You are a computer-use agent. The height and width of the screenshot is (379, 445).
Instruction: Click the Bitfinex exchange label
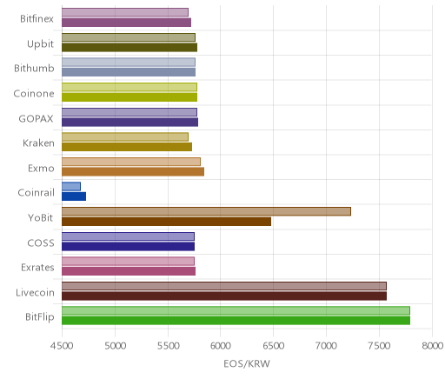click(x=37, y=19)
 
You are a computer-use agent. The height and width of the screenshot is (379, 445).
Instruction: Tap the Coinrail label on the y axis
click(x=36, y=193)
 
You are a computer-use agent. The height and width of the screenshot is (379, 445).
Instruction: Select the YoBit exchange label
click(x=41, y=217)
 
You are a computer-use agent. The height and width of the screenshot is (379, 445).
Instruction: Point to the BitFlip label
click(x=40, y=316)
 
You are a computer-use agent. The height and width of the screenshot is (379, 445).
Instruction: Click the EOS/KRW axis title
click(x=247, y=363)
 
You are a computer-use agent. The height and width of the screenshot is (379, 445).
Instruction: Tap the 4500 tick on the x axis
click(x=62, y=346)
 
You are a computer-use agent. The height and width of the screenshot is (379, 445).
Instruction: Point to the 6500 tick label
click(x=273, y=346)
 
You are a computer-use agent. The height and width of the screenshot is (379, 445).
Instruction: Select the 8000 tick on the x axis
click(x=432, y=346)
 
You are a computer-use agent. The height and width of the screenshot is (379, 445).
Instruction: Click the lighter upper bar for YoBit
click(x=206, y=211)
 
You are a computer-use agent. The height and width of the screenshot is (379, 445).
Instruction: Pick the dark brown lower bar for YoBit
click(x=167, y=222)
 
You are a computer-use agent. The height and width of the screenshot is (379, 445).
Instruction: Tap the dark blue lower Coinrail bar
click(x=74, y=196)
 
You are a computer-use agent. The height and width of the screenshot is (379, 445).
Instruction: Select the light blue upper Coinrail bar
click(x=71, y=187)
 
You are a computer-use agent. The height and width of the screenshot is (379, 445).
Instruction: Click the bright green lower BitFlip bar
click(x=236, y=321)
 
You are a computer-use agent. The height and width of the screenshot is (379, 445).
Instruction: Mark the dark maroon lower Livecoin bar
click(x=224, y=296)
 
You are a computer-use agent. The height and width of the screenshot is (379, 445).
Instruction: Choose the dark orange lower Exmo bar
click(x=133, y=172)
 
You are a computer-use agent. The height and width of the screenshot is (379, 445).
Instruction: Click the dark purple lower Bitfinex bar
click(x=127, y=23)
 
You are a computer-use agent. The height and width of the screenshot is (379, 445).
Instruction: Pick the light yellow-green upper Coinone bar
click(x=130, y=87)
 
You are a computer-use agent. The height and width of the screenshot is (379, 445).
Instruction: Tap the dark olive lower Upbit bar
click(x=130, y=48)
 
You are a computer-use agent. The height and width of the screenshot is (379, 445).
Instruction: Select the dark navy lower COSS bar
click(x=129, y=247)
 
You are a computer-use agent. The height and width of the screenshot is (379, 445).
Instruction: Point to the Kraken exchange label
click(x=38, y=143)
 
